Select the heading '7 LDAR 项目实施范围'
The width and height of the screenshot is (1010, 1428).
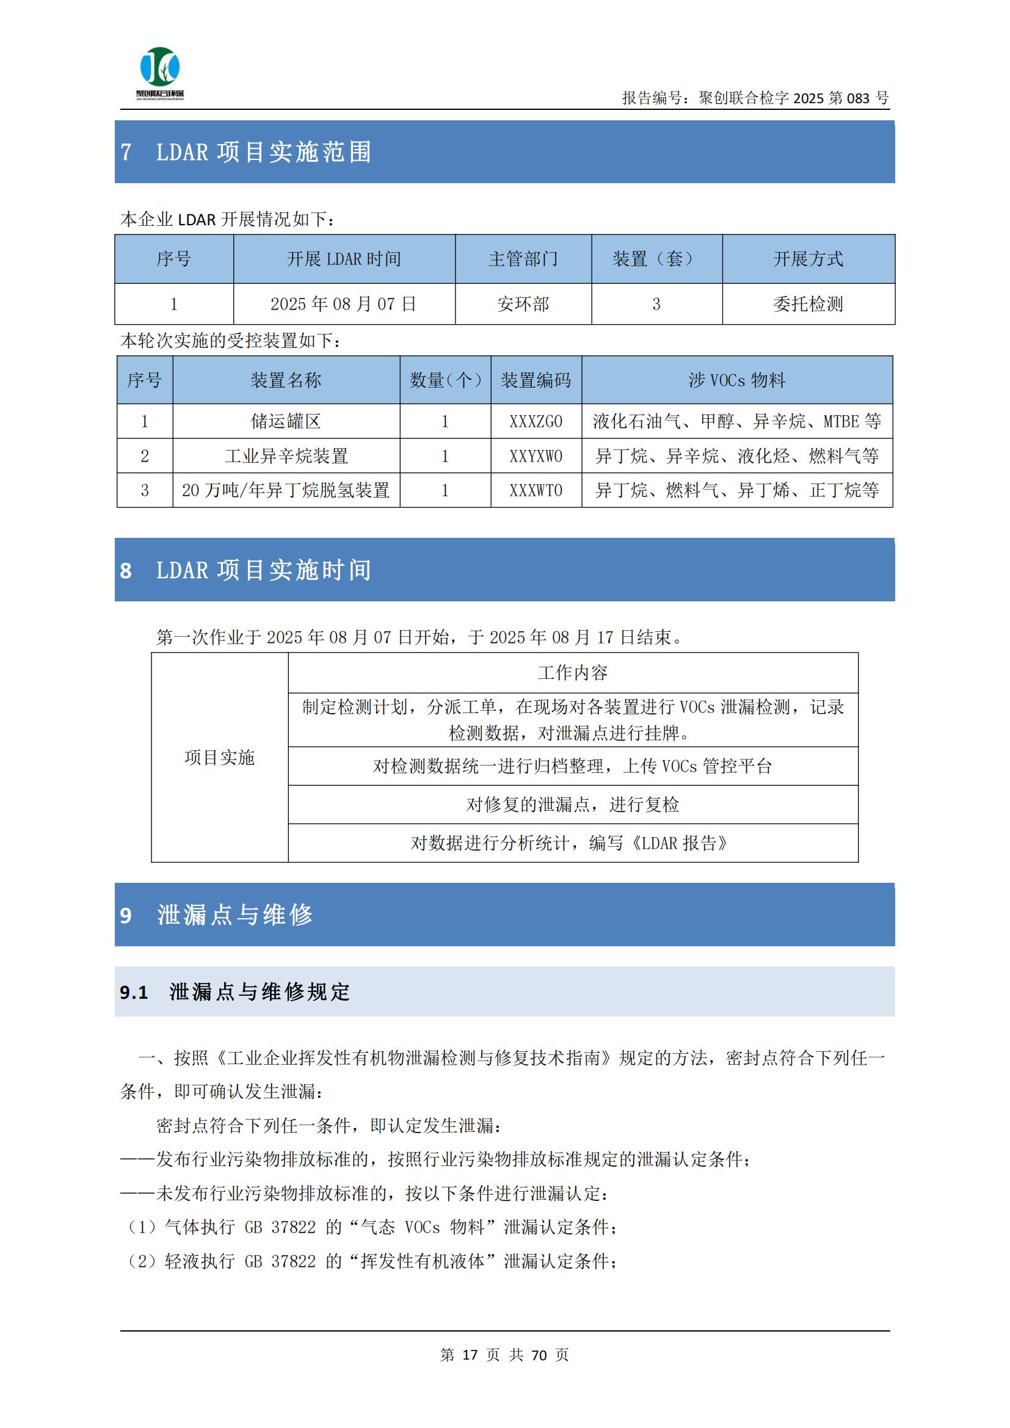tap(246, 153)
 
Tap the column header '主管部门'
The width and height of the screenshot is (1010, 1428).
tap(523, 259)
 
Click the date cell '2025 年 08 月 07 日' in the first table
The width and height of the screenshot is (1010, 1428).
tap(343, 304)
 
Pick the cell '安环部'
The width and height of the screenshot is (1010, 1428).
tap(523, 304)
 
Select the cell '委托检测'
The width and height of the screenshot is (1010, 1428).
tap(808, 304)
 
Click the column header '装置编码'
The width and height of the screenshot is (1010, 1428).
tap(536, 380)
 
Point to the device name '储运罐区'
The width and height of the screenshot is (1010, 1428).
tap(285, 422)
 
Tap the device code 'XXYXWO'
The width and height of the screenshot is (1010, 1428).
tap(536, 457)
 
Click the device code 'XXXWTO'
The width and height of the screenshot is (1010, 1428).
tap(536, 491)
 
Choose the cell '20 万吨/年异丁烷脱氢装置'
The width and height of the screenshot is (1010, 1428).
tap(285, 491)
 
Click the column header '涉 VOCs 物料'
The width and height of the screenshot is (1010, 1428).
tap(736, 380)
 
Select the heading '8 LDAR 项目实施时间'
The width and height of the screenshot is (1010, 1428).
tap(246, 570)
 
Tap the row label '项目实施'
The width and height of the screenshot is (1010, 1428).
tap(220, 758)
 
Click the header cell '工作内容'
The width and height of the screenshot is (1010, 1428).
tap(572, 672)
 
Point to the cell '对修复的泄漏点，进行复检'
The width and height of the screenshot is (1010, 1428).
tap(572, 805)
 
